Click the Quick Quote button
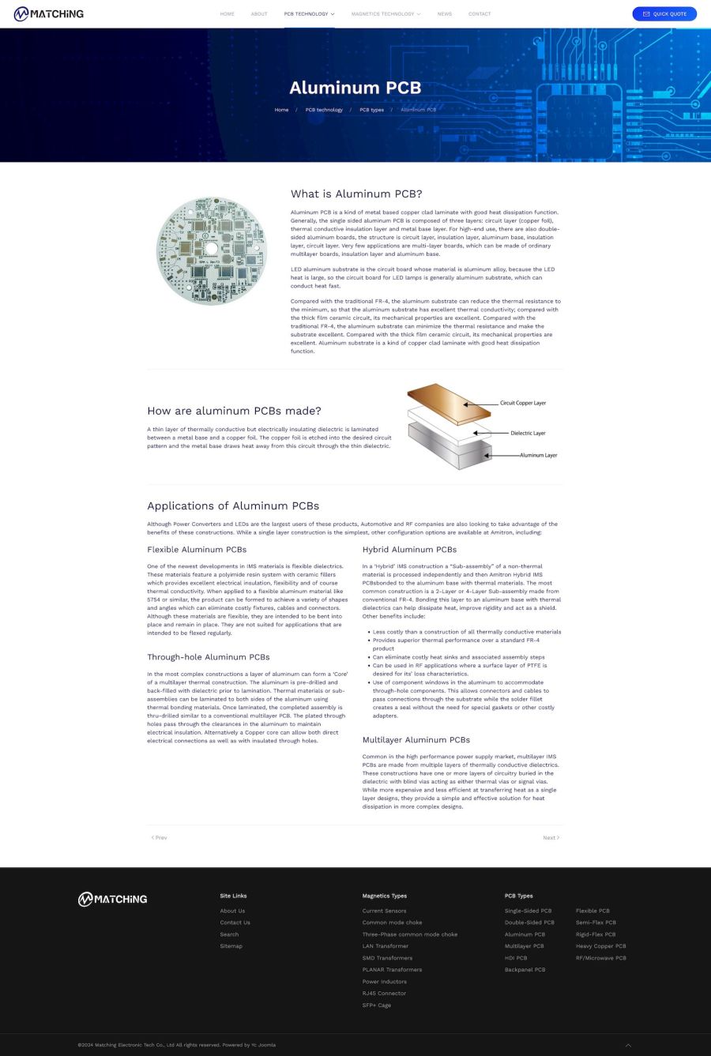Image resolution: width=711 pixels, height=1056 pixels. pyautogui.click(x=664, y=13)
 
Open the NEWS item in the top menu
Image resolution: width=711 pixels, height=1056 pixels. pyautogui.click(x=445, y=14)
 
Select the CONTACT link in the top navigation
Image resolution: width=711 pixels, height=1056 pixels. pyautogui.click(x=480, y=14)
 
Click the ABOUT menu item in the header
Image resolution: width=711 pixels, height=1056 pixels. pyautogui.click(x=259, y=14)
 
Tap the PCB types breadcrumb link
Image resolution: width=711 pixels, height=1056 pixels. pyautogui.click(x=371, y=110)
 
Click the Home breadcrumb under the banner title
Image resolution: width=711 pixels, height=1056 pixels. pyautogui.click(x=281, y=110)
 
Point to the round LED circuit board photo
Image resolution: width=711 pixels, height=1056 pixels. pyautogui.click(x=211, y=250)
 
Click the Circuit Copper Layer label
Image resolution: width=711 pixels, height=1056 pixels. pyautogui.click(x=523, y=403)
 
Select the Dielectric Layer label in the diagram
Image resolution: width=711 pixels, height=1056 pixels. pyautogui.click(x=528, y=433)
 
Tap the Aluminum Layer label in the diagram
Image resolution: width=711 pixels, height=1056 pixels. pyautogui.click(x=538, y=455)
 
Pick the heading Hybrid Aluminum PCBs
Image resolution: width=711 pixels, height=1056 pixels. pyautogui.click(x=409, y=550)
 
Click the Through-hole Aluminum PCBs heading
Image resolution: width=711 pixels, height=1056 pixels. pyautogui.click(x=209, y=657)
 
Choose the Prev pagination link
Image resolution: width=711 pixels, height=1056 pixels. pyautogui.click(x=159, y=837)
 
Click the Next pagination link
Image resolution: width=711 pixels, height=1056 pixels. pyautogui.click(x=551, y=837)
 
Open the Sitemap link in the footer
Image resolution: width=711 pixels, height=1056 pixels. pyautogui.click(x=231, y=946)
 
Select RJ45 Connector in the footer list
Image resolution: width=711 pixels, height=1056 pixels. pyautogui.click(x=384, y=994)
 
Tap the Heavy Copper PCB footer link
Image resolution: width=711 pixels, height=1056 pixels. pyautogui.click(x=600, y=946)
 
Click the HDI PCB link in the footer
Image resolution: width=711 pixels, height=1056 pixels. pyautogui.click(x=516, y=958)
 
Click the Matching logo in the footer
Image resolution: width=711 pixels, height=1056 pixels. pyautogui.click(x=112, y=899)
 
